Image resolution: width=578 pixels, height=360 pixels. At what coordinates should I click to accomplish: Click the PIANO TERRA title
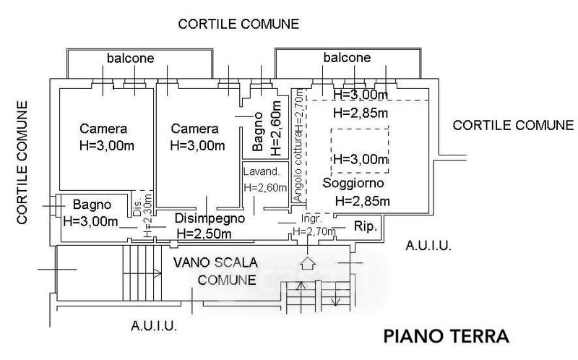(447, 336)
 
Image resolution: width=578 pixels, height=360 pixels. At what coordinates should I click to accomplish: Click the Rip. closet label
(365, 227)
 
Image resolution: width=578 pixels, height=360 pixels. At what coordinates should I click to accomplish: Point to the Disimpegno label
(210, 218)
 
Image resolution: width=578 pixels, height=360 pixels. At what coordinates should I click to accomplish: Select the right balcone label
(347, 58)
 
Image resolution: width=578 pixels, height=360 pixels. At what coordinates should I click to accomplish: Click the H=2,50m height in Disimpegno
(204, 233)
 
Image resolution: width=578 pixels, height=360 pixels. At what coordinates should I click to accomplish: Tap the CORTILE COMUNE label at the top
(238, 24)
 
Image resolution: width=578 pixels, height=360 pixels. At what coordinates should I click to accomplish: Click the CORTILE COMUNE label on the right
(513, 125)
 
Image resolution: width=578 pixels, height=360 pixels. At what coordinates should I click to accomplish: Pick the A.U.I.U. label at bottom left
(154, 326)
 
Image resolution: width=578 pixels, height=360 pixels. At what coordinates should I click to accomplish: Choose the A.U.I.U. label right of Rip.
(428, 246)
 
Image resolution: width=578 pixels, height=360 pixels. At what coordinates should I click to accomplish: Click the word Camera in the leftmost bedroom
(103, 129)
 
